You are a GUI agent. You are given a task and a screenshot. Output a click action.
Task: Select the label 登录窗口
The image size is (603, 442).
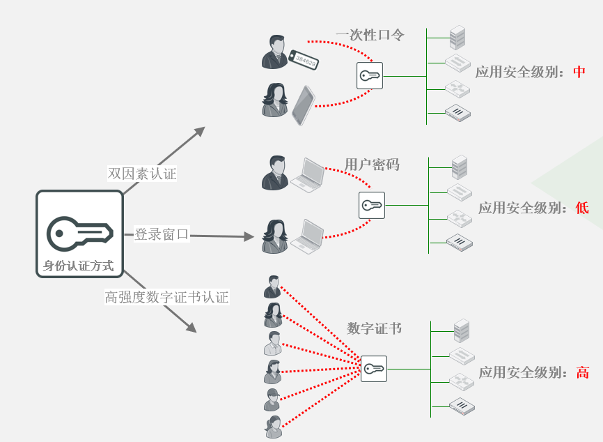coord(162,234)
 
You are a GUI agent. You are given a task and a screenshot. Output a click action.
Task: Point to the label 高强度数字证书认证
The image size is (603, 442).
coord(166,297)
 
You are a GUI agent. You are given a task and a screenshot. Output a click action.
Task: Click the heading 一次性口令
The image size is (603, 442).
coord(370,35)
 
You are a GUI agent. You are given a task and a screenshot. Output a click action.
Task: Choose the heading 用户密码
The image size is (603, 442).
coord(372,165)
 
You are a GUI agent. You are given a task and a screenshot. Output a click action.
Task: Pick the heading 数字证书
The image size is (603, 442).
coord(375,328)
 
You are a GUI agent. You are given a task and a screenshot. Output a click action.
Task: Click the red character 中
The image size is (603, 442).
coord(579,72)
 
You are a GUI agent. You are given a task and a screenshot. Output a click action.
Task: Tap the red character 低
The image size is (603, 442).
coord(582,208)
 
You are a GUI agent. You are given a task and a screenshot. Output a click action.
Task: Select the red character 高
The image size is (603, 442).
coord(583,372)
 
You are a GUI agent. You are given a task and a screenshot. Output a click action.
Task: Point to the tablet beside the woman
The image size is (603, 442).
coord(303,105)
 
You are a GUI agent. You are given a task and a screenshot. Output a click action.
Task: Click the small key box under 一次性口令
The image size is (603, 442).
coord(370,75)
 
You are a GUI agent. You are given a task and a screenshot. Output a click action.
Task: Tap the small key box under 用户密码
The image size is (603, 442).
coord(372,206)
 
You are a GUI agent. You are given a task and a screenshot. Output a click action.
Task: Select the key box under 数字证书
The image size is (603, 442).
coord(373,368)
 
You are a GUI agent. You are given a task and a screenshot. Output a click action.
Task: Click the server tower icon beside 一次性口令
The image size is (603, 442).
coord(457,36)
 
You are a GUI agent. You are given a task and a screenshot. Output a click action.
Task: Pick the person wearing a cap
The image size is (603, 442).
coord(272,399)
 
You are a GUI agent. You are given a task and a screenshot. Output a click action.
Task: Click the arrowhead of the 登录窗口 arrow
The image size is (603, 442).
coord(249,237)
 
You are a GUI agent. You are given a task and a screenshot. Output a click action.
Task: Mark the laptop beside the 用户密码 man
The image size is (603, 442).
coord(307,175)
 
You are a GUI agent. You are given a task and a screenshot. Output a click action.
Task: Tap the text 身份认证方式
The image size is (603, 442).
coord(79,266)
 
